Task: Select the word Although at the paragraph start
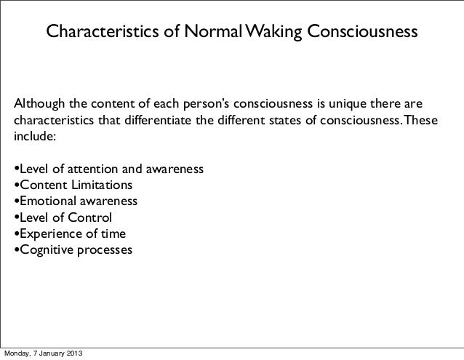[x=44, y=100]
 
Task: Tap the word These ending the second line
[x=421, y=118]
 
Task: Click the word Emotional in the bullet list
[x=48, y=201]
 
